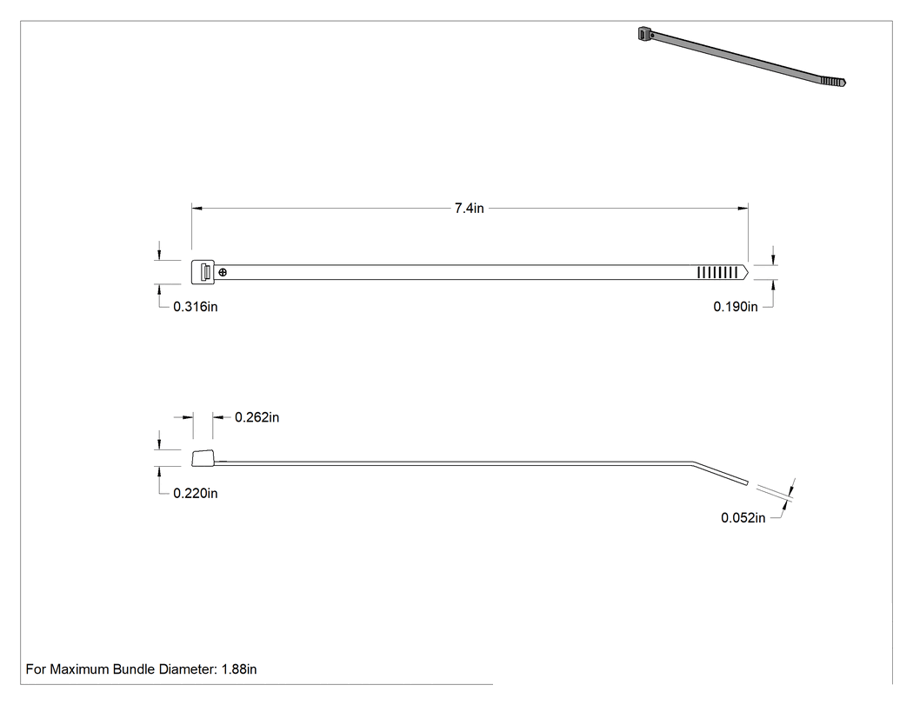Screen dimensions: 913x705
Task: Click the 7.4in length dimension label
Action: click(x=470, y=209)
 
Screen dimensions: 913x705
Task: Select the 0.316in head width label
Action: click(x=196, y=307)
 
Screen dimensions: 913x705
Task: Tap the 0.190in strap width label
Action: click(x=736, y=307)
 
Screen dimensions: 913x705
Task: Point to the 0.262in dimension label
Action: click(x=257, y=417)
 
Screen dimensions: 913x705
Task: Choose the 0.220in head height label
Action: click(x=196, y=494)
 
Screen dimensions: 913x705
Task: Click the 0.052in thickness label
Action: click(x=743, y=518)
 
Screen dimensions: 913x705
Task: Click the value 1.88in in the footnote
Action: click(x=239, y=669)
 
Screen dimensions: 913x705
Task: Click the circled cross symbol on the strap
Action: click(x=223, y=272)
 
